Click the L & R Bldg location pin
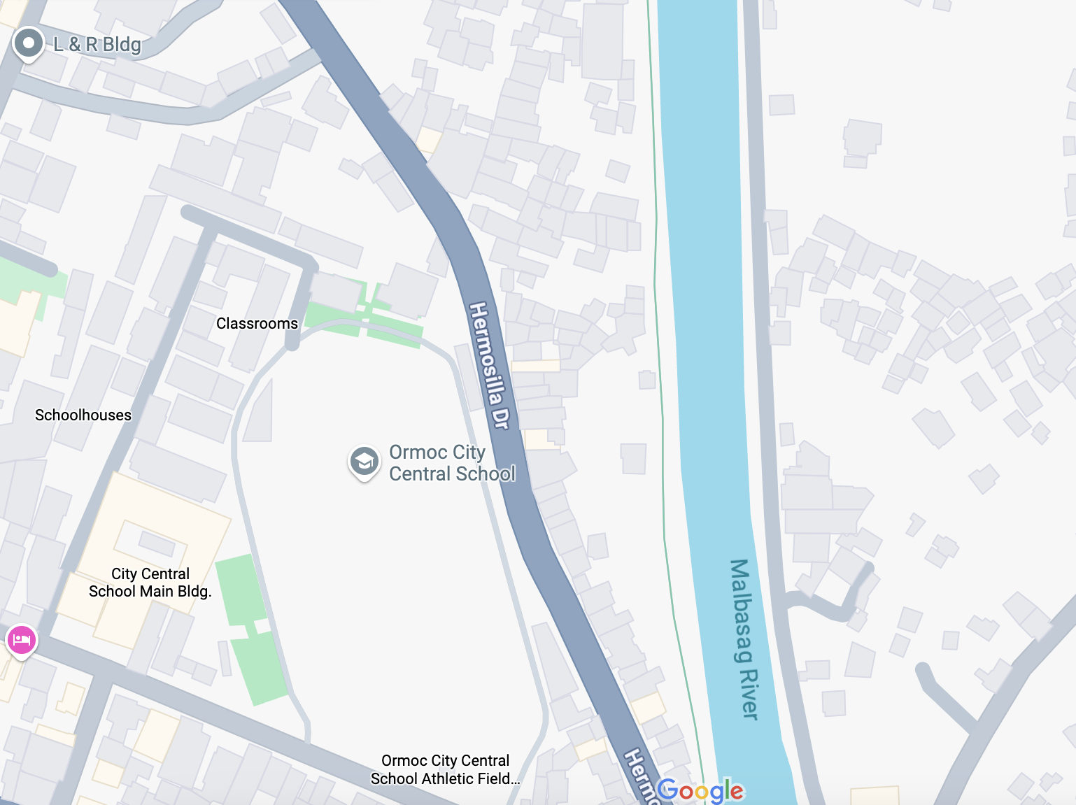tap(29, 43)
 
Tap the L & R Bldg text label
tap(97, 45)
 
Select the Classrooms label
tap(257, 324)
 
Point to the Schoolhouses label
tap(83, 415)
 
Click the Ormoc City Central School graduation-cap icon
tap(364, 462)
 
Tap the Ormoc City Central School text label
tap(452, 463)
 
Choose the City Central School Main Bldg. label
tap(150, 583)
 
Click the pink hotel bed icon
tap(22, 639)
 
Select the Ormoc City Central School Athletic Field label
tap(445, 769)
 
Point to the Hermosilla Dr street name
tap(489, 365)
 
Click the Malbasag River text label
tap(744, 639)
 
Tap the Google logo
tap(700, 790)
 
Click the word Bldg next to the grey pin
tap(122, 45)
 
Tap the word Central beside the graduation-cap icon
tap(421, 474)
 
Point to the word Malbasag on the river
tap(740, 610)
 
